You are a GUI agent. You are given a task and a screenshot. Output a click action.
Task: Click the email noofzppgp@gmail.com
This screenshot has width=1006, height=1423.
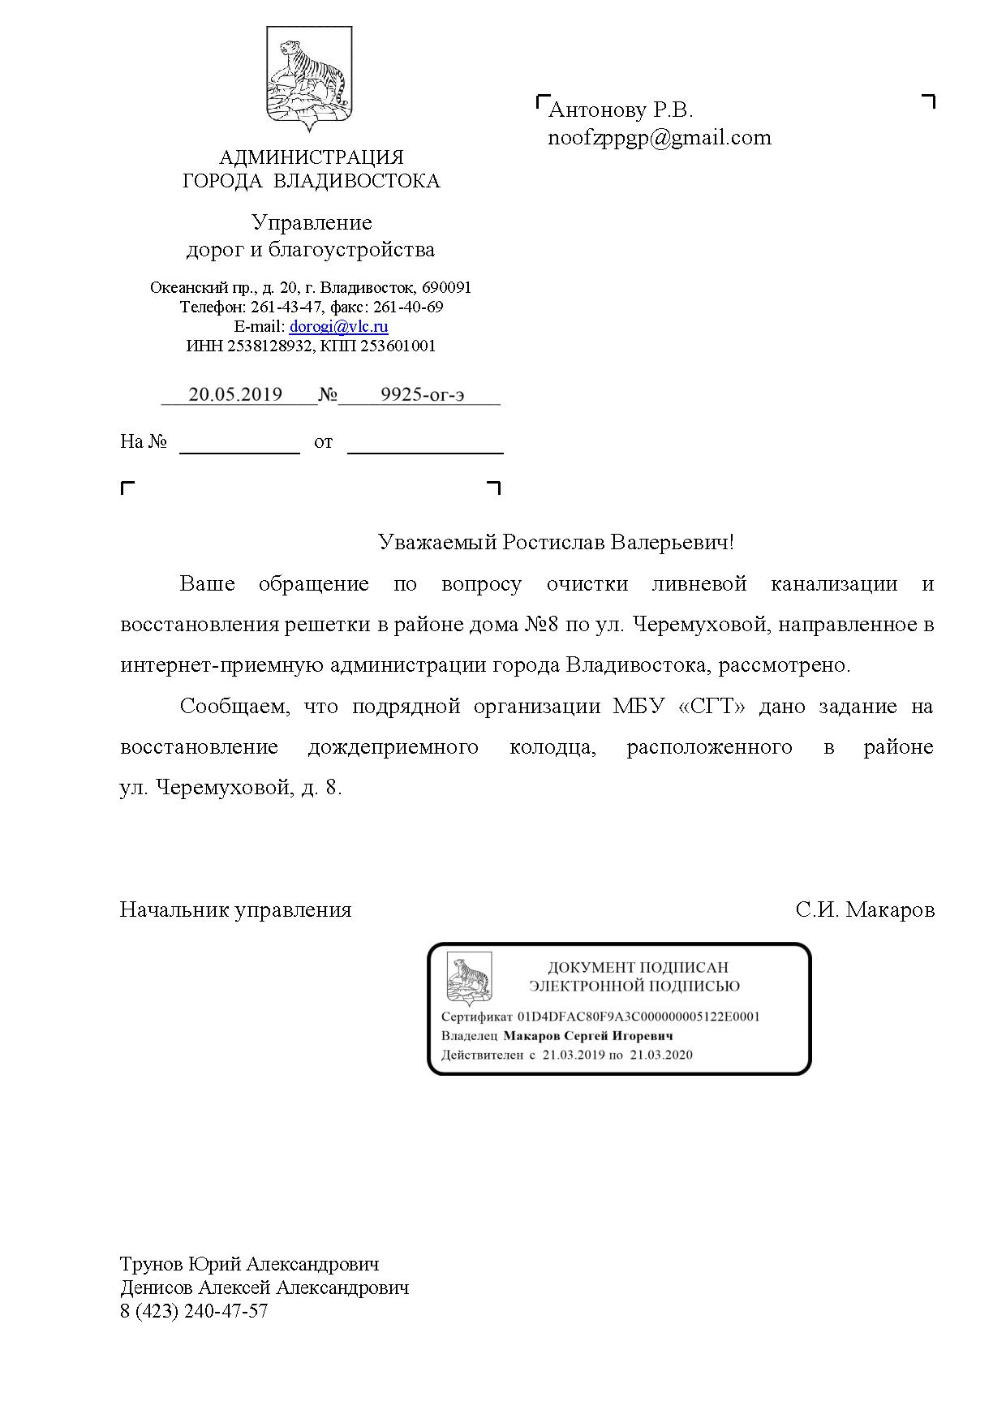(660, 137)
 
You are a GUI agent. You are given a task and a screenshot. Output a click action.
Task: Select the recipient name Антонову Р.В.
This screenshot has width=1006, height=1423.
(621, 110)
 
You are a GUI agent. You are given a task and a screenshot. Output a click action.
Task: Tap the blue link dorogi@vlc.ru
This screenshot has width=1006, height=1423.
(338, 326)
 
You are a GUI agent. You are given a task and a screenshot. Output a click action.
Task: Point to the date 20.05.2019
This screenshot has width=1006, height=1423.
(235, 394)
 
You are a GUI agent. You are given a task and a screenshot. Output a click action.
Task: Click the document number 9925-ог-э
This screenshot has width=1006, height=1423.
(422, 394)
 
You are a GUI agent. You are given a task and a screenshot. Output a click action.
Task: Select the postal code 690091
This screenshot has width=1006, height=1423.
(446, 287)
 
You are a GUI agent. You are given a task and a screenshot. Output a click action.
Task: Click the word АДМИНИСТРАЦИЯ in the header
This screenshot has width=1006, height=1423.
(312, 157)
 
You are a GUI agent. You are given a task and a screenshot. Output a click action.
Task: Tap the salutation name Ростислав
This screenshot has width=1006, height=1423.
(553, 542)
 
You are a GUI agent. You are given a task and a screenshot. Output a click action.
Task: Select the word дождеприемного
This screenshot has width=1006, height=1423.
(393, 746)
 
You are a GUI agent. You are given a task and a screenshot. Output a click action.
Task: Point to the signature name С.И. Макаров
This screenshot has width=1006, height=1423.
(865, 909)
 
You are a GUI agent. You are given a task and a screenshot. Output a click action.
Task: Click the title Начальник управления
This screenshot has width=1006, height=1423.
(235, 909)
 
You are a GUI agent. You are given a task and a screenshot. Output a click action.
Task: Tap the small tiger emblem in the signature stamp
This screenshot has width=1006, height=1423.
(469, 978)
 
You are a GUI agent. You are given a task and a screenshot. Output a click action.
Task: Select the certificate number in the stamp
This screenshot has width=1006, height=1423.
(638, 1017)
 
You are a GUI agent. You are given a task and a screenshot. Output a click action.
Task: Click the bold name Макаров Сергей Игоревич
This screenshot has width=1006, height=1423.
(588, 1036)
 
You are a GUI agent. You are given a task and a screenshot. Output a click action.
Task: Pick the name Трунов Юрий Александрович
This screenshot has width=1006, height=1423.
(249, 1264)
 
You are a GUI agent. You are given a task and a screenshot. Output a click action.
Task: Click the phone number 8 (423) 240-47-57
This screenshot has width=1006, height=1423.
(194, 1311)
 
